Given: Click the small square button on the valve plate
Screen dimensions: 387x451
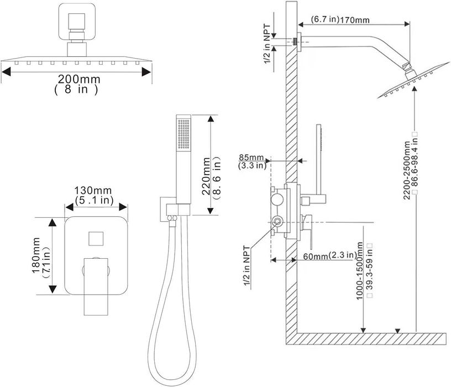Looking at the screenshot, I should point(95,239).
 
